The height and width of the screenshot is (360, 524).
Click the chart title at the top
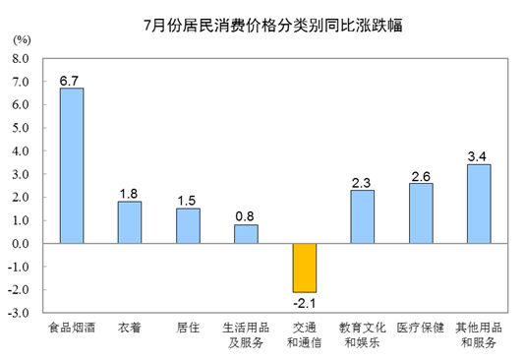[x=273, y=25]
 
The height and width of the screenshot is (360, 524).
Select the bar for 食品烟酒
[x=72, y=166]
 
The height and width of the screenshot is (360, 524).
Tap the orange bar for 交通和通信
[x=305, y=268]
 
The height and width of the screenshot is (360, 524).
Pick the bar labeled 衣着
[x=130, y=222]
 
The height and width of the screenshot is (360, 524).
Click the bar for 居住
[x=188, y=226]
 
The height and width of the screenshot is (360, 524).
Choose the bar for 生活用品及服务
[x=246, y=234]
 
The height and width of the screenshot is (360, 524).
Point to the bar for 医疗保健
[x=421, y=213]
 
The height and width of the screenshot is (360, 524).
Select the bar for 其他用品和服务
[x=479, y=204]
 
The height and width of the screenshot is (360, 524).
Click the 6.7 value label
[x=69, y=81]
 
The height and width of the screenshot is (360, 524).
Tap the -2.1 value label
[x=305, y=303]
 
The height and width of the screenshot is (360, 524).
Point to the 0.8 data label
[x=245, y=216]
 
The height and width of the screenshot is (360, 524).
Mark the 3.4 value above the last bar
[x=477, y=156]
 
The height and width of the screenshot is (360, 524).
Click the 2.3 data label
[x=361, y=183]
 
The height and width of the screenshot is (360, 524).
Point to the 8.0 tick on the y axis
[x=21, y=59]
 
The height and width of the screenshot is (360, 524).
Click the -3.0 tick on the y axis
[x=19, y=313]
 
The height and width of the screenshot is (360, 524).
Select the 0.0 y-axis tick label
[x=21, y=244]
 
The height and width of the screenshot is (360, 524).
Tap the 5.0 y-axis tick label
[x=21, y=128]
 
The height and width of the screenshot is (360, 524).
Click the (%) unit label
[x=22, y=40]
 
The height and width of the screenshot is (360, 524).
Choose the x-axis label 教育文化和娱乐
[x=363, y=335]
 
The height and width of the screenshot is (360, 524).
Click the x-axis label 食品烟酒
[x=72, y=328]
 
